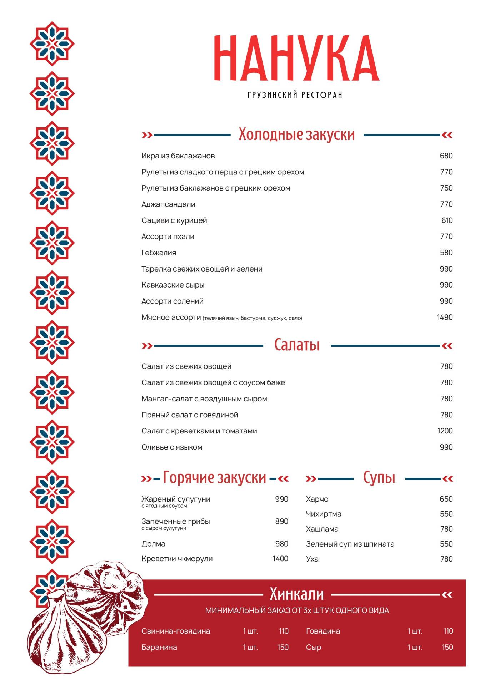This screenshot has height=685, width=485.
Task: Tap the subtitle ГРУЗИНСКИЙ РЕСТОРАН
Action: point(295,95)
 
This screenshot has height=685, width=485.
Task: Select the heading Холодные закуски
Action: point(296,135)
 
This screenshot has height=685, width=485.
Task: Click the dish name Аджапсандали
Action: point(168,204)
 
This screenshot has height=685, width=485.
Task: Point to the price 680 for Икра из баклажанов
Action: point(446,156)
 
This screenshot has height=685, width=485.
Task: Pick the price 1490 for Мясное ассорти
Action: point(445,317)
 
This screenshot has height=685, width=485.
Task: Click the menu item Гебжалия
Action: point(159,253)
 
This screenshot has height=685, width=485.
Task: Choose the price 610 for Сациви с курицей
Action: point(447,220)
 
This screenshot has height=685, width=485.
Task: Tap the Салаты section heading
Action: point(297,345)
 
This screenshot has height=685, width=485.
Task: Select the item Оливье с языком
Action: point(172,447)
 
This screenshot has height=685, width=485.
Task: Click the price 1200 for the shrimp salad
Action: point(445,431)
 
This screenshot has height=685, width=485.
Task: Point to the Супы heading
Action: point(379,478)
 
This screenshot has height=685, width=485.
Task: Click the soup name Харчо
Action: point(317,499)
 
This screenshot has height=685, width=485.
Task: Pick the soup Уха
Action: point(312,559)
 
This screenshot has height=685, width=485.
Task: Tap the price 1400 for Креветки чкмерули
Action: point(280,559)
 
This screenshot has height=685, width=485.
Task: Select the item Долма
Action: point(153,544)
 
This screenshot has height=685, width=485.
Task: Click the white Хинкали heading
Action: point(296,594)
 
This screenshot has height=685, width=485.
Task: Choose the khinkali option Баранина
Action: point(159,647)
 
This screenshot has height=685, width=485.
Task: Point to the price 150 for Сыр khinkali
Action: point(447,647)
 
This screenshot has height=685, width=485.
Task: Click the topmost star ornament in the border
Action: point(52,44)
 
